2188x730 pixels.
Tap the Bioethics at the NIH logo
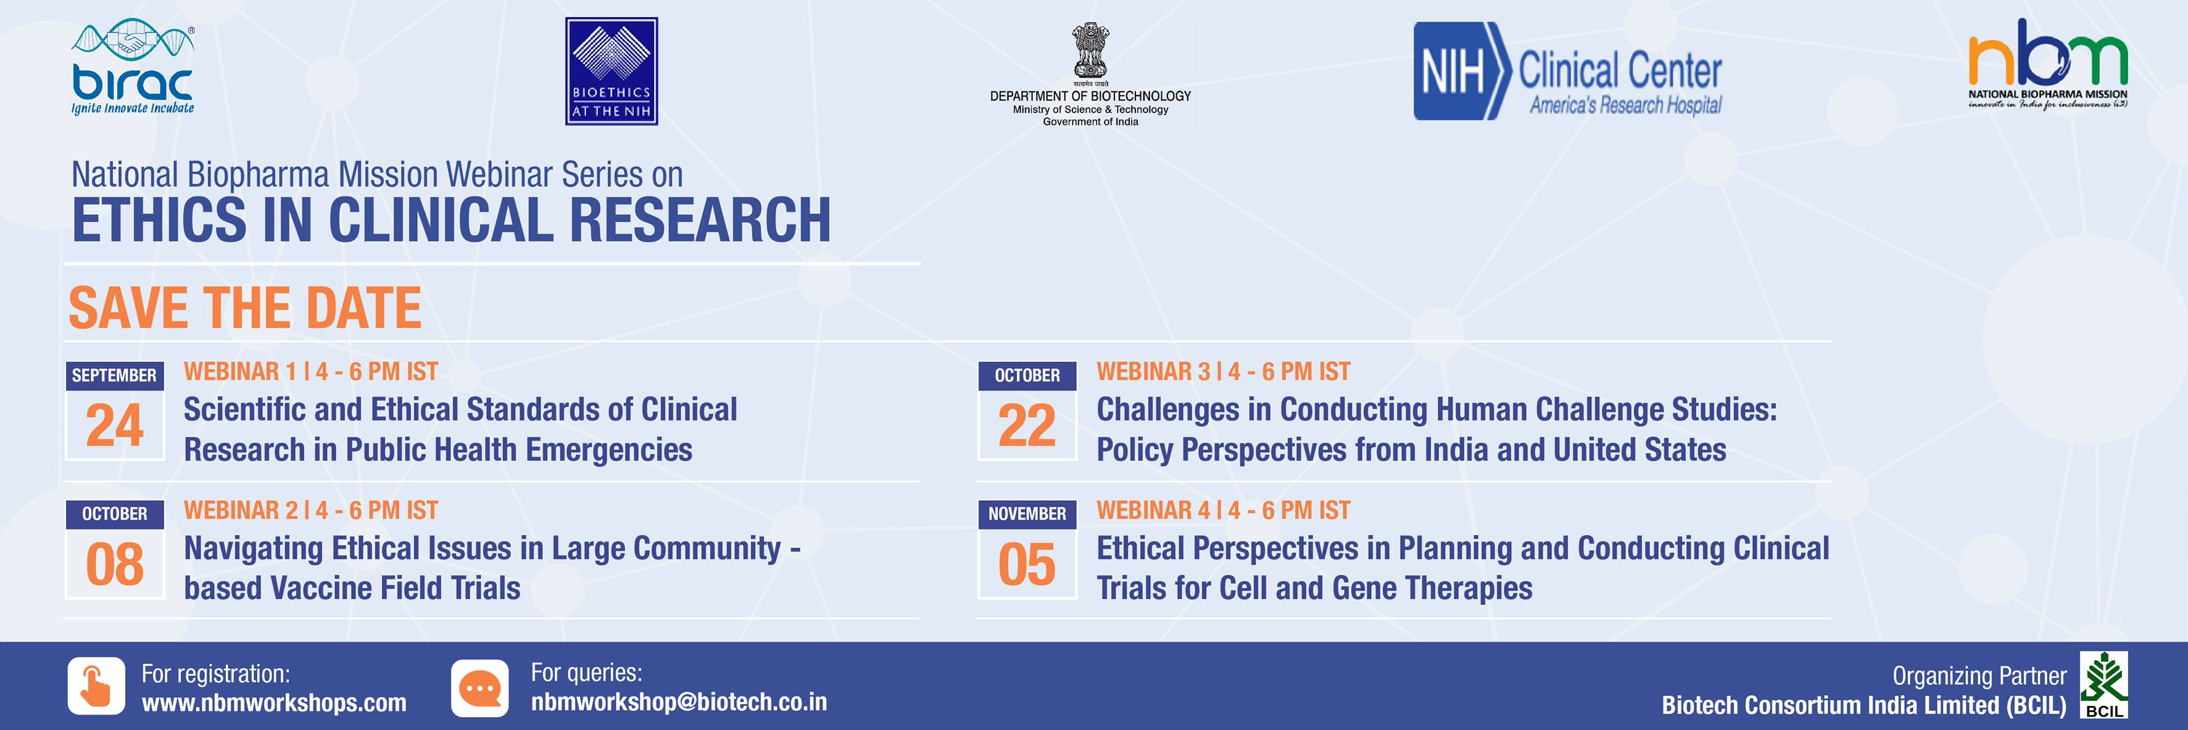click(x=611, y=72)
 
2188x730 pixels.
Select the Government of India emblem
click(x=1090, y=52)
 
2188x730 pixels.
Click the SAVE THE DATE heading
click(x=244, y=308)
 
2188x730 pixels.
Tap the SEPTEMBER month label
click(x=115, y=375)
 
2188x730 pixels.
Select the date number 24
click(x=115, y=425)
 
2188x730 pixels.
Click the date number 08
click(x=115, y=564)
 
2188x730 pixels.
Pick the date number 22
click(x=1027, y=425)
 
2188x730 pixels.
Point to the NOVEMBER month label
click(x=1027, y=514)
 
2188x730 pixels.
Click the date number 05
click(x=1027, y=564)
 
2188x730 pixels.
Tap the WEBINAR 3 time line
click(x=1223, y=371)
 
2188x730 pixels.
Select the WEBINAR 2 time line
click(x=311, y=510)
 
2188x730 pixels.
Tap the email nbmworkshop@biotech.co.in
click(x=679, y=702)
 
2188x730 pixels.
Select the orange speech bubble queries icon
click(x=480, y=687)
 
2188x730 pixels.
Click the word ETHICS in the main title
click(x=160, y=220)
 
